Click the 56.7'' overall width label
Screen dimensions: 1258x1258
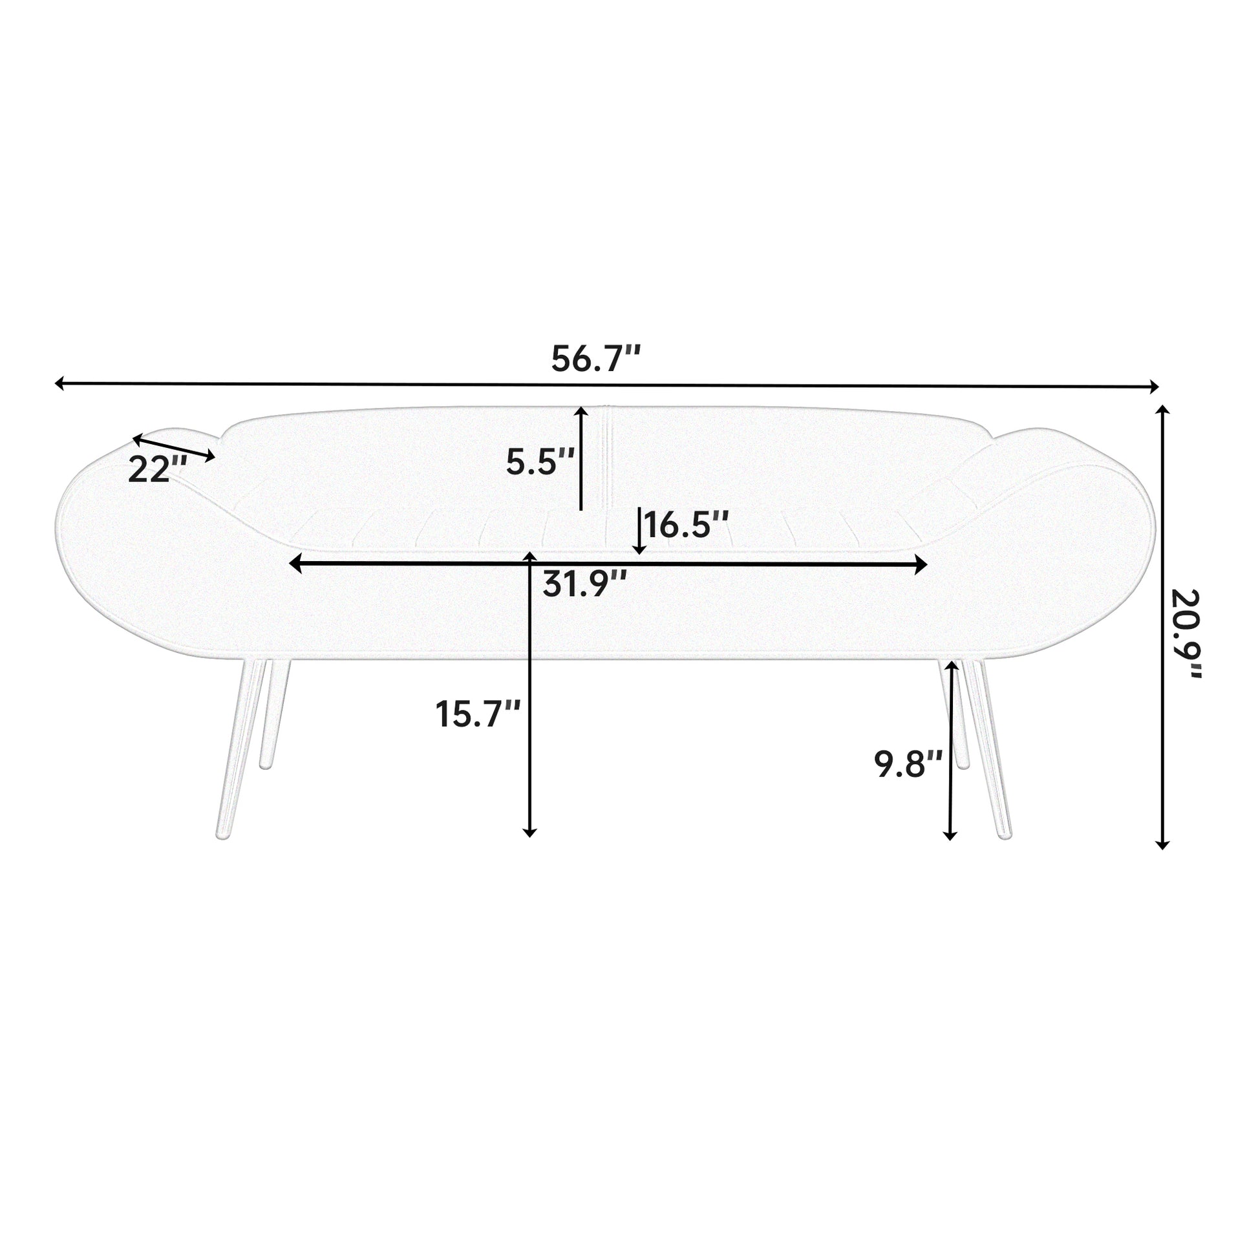click(x=596, y=359)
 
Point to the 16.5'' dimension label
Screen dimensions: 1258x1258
click(x=687, y=525)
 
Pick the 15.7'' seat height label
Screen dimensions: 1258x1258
click(x=478, y=714)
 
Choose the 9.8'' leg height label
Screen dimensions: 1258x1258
click(x=908, y=764)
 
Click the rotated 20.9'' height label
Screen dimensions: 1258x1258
click(x=1184, y=634)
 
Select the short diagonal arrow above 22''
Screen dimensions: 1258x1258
click(x=174, y=447)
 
